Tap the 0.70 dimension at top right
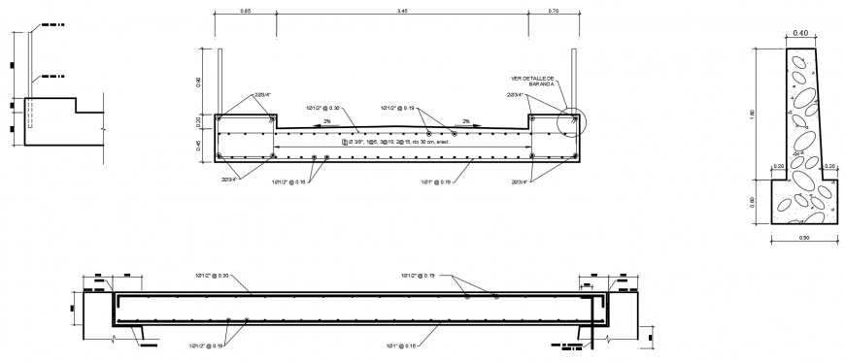coord(553,11)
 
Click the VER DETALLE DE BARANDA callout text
coord(530,81)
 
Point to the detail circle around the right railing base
coord(573,121)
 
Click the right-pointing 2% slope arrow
coord(465,123)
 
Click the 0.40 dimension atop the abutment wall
coord(800,33)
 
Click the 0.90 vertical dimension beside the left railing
coord(201,82)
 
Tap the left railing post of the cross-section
coord(222,82)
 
